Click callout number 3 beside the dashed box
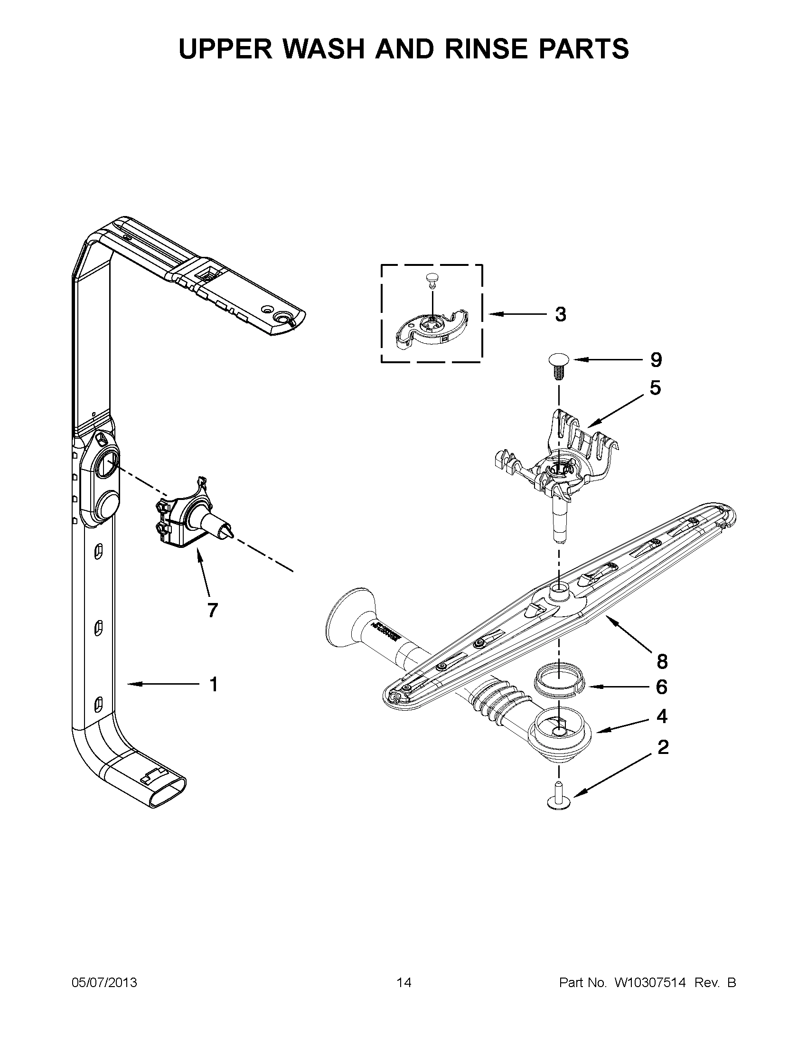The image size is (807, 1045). point(560,314)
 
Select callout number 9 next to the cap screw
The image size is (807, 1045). point(656,360)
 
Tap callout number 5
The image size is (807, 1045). point(656,387)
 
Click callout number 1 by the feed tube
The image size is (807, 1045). point(214,685)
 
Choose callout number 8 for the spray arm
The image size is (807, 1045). point(662,662)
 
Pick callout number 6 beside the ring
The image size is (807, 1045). point(662,687)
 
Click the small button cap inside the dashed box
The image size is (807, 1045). point(432,279)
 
